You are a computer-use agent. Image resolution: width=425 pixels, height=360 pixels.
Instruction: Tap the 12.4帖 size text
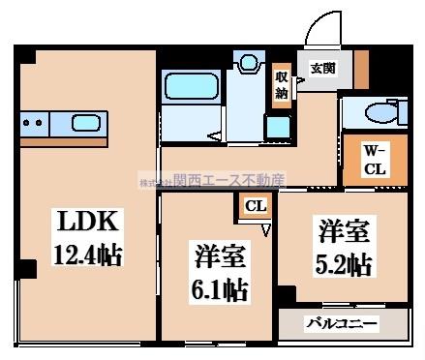point(86,256)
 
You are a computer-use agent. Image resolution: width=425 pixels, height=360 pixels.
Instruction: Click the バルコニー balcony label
point(344,324)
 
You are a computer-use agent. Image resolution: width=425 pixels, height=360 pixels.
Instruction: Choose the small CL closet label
point(256,205)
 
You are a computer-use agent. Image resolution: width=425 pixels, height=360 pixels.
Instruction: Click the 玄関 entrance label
point(321,68)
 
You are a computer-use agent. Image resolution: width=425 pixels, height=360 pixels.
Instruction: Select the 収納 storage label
point(282,85)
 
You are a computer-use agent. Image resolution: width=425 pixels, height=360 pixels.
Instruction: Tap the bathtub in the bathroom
point(194,89)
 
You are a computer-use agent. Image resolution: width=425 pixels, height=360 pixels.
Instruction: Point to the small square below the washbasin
point(278,127)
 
